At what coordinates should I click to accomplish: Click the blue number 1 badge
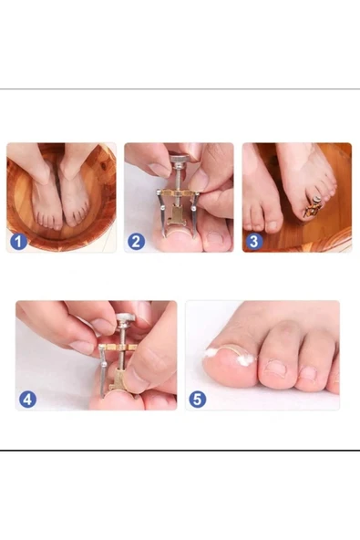tap(18, 242)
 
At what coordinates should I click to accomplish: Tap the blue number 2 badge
tap(137, 242)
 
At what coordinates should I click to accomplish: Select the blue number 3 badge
tap(254, 242)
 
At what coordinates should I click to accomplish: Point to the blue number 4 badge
tap(27, 400)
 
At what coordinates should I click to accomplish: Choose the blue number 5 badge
tap(198, 400)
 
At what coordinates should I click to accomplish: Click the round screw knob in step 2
tap(180, 160)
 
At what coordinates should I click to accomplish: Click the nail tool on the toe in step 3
tap(314, 206)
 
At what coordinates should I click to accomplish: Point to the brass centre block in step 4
tap(118, 379)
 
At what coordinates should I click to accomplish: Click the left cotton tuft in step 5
tap(211, 352)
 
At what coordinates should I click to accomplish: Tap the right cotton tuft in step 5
tap(245, 360)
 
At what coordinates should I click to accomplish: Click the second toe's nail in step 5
tap(275, 369)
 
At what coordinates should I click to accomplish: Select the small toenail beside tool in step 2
tap(216, 238)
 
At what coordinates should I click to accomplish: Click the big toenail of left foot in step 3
tap(272, 226)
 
